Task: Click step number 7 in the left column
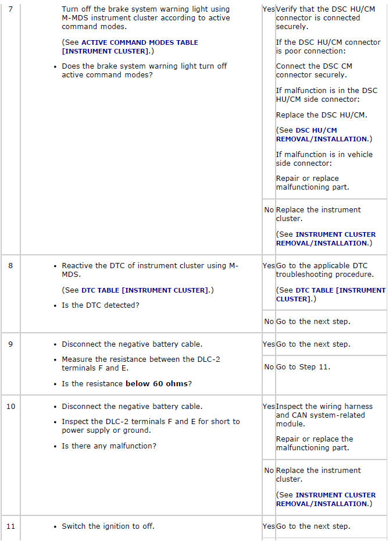[10, 9]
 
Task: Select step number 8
[10, 266]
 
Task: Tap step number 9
[10, 344]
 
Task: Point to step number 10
[11, 406]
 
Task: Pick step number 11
[11, 526]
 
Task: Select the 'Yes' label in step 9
[269, 344]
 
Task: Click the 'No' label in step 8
[269, 322]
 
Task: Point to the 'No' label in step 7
[269, 210]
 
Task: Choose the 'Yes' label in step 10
[269, 407]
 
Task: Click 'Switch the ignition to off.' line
[108, 526]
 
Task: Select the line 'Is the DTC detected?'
[101, 305]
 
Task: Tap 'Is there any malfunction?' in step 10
[108, 446]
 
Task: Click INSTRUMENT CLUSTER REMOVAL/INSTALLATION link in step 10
[326, 499]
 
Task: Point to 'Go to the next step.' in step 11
[313, 526]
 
